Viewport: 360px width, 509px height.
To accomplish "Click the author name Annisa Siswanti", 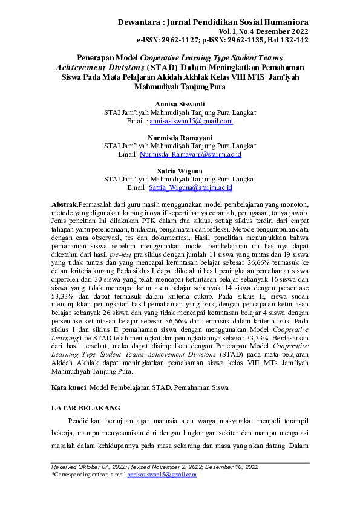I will pos(180,104).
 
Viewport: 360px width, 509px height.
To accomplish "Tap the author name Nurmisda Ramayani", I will pos(180,137).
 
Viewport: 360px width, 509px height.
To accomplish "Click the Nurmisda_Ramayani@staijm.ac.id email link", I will pos(191,155).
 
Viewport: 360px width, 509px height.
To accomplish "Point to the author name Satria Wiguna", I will pos(180,171).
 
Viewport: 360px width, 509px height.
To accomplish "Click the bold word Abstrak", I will pos(64,206).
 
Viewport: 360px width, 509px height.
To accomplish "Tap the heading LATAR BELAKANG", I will pos(86,408).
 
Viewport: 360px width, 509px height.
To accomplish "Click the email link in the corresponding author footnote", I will pos(162,475).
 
